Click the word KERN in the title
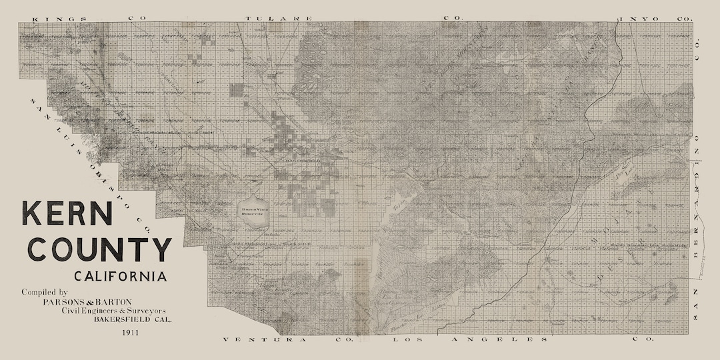[x=67, y=214]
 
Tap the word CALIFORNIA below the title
[x=121, y=276]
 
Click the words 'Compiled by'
[x=45, y=293]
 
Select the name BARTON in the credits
[x=114, y=302]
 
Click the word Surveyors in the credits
[x=145, y=311]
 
